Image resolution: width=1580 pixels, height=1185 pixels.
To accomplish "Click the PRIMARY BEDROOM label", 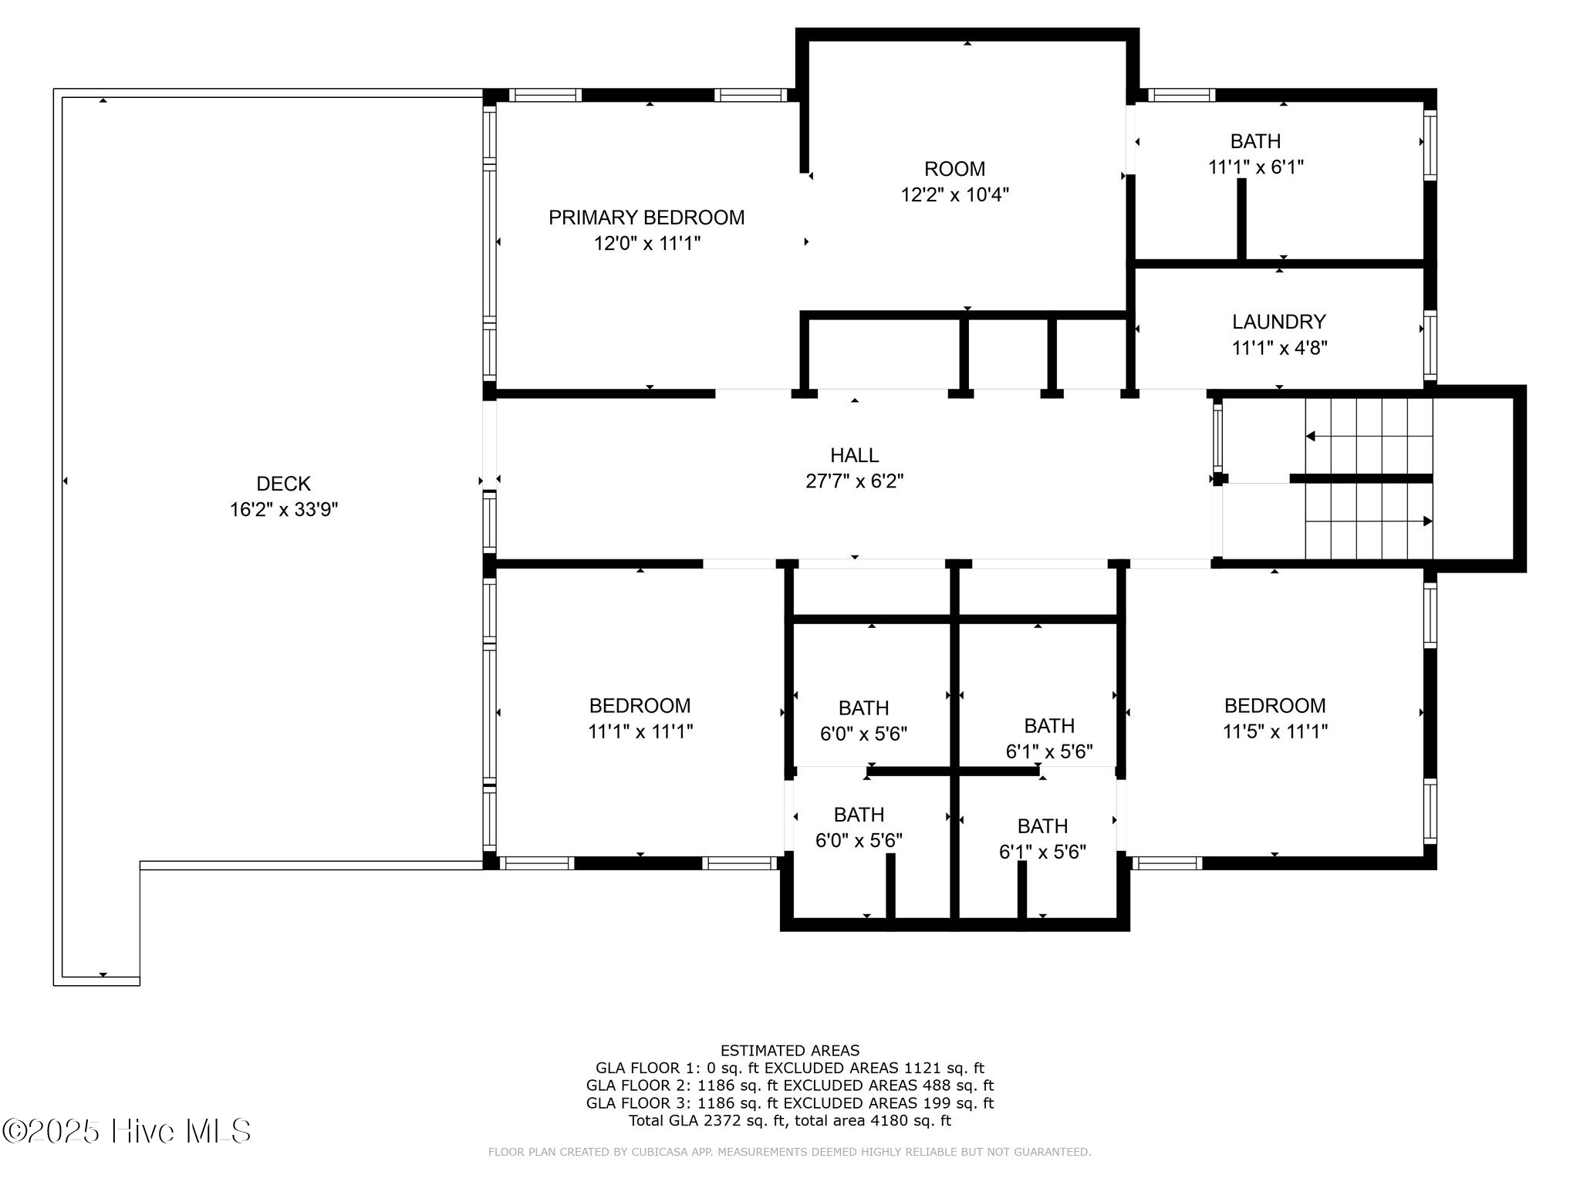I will coord(647,218).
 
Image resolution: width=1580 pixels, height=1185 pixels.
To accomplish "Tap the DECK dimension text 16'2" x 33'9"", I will coord(284,510).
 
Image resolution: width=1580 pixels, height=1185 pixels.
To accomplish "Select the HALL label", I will coord(854,455).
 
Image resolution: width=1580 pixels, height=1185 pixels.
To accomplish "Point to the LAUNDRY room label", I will coord(1278,322).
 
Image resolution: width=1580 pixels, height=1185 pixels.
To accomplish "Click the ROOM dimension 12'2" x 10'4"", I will coord(954,194).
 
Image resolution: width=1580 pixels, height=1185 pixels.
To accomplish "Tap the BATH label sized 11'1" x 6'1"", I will coord(1255,141).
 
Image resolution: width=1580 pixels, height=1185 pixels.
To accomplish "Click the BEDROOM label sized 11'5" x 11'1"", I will coord(1274,705).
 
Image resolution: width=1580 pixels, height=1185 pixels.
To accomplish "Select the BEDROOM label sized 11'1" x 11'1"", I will coord(640,705).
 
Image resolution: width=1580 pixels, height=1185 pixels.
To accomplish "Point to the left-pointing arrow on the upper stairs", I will coord(1310,437).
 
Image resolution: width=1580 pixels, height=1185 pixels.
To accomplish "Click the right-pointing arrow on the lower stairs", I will coord(1426,522).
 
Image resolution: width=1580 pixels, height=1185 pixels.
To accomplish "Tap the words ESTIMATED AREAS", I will coord(789,1051).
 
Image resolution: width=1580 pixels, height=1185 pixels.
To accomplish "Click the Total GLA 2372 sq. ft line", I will coord(789,1121).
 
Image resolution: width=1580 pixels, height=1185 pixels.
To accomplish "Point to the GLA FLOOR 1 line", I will coord(789,1069).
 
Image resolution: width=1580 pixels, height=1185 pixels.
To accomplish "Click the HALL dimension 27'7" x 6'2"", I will coord(854,481).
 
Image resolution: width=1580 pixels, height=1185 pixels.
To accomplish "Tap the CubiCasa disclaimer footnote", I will coord(789,1153).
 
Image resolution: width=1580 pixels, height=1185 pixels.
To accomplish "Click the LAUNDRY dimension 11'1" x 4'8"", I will coord(1278,348).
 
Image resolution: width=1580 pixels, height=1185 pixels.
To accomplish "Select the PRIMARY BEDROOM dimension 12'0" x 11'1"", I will coord(647,244).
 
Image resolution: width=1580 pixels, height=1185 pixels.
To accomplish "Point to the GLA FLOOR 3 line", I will coord(789,1103).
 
